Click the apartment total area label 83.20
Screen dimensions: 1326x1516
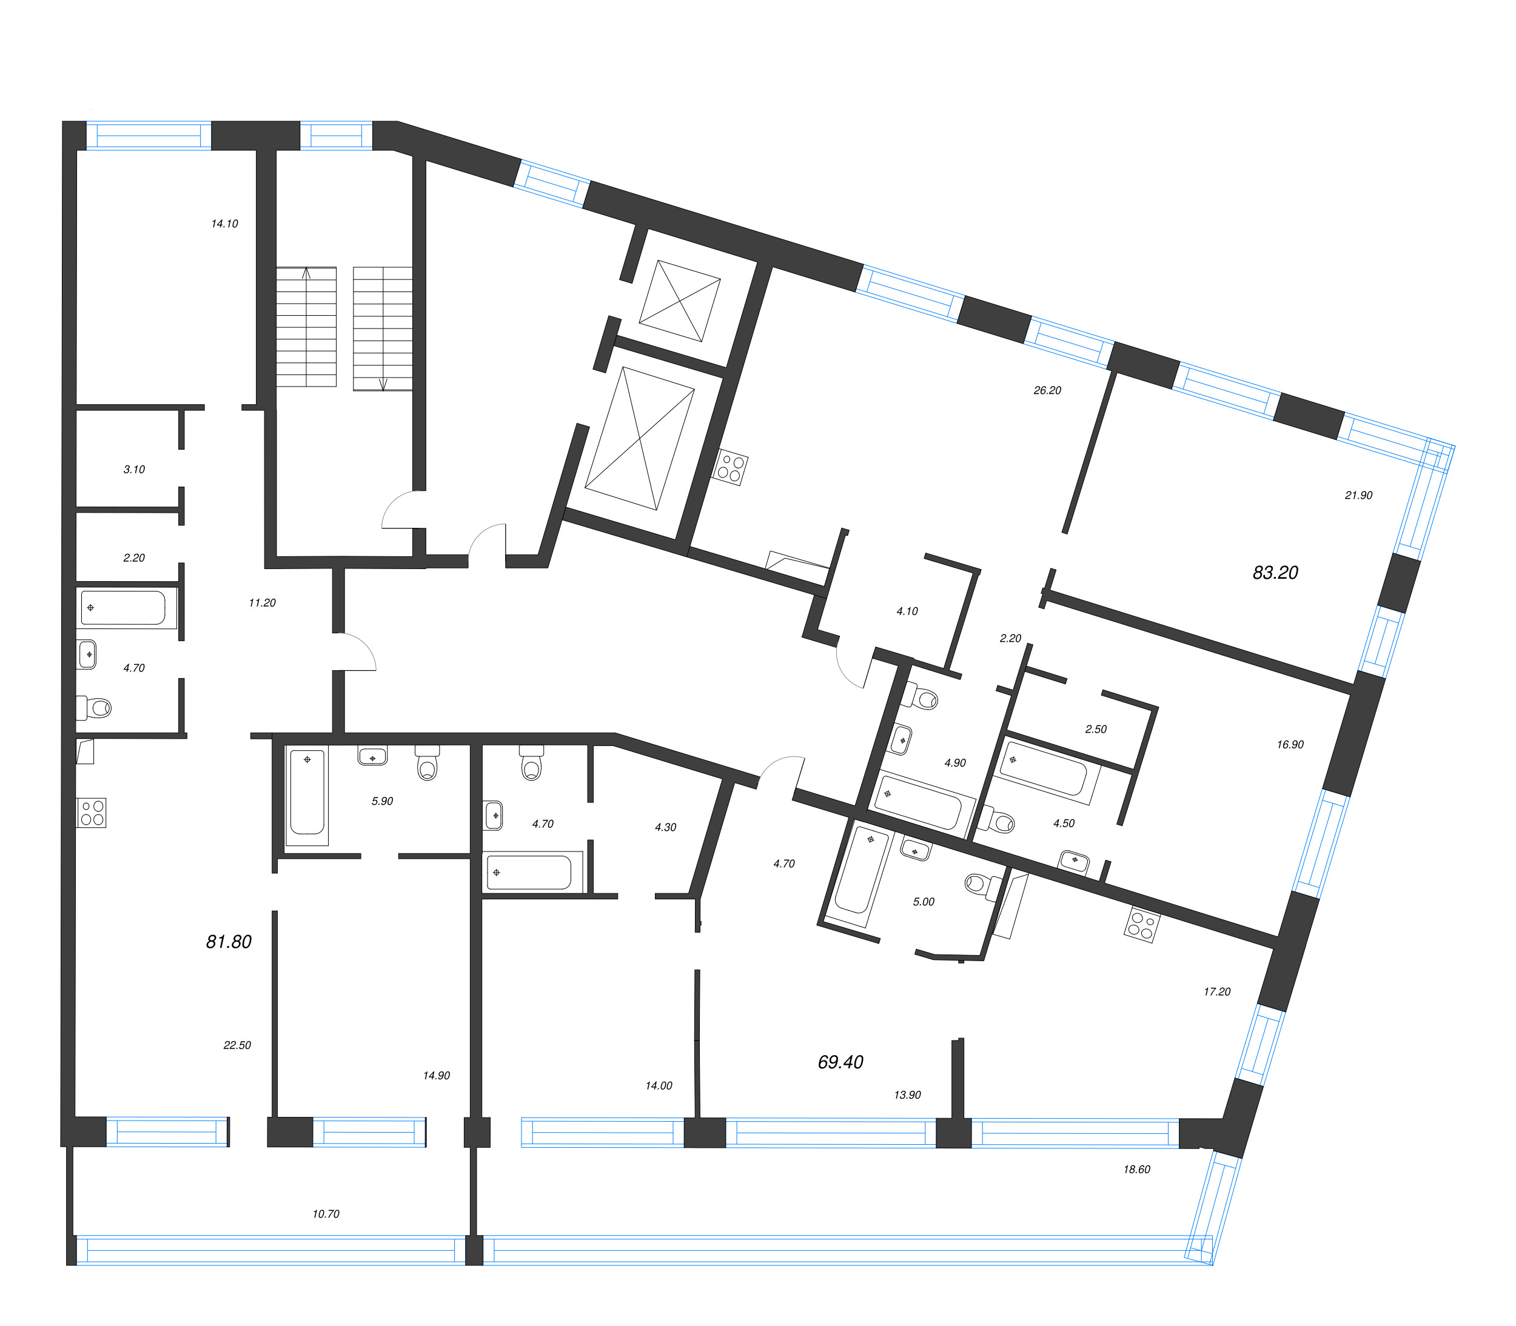click(1275, 572)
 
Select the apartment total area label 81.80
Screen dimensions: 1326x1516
click(229, 941)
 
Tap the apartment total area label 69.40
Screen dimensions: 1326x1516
click(840, 1062)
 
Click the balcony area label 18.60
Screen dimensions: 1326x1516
click(1136, 1169)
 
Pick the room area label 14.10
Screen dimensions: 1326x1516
click(224, 224)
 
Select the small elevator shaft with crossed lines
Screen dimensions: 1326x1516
click(680, 301)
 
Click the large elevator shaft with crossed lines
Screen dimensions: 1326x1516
click(640, 438)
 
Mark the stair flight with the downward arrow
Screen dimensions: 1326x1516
click(383, 328)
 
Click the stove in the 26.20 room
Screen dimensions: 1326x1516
click(731, 468)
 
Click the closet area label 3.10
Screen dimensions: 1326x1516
click(134, 469)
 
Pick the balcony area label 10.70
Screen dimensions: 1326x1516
click(326, 1213)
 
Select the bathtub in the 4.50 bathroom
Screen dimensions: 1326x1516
click(1044, 771)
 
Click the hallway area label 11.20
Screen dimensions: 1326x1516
click(262, 603)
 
